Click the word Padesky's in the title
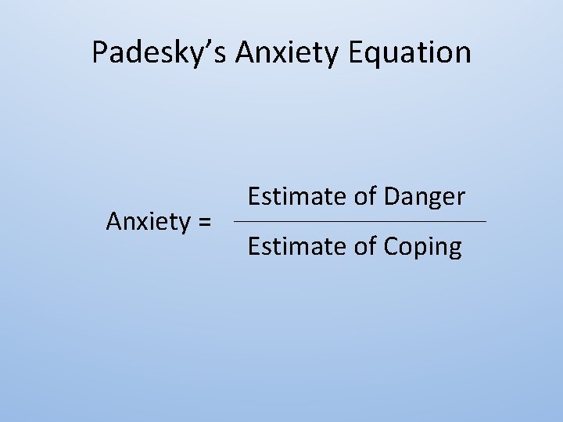159,52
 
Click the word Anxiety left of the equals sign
149,222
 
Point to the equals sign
204,223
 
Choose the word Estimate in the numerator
297,196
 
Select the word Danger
425,197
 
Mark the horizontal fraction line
360,222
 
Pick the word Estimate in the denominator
297,247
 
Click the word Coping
423,248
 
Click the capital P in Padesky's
99,52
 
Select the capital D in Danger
393,196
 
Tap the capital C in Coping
392,247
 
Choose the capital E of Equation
357,52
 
